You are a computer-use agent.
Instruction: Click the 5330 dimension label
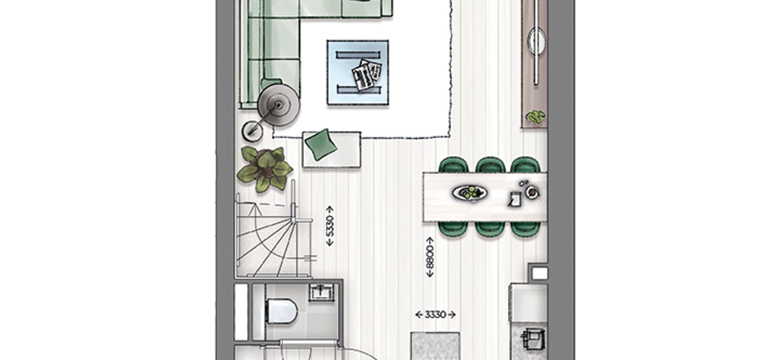pos(330,226)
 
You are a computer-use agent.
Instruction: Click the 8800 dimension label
pos(430,257)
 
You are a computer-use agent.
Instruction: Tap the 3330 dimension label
pos(435,315)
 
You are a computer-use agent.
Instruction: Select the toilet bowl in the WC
pos(282,311)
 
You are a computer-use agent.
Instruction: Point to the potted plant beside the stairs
pos(264,169)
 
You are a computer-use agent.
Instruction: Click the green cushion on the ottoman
pos(321,144)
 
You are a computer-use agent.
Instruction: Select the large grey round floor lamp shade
pos(278,106)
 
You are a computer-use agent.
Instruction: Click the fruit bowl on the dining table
pos(470,193)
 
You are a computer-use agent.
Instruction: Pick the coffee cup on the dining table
pos(532,192)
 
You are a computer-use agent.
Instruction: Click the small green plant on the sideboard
pos(536,117)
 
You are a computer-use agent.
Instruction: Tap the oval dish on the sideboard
pos(536,40)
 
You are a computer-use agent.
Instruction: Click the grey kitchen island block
pos(435,346)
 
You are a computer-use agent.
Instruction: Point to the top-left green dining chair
pos(453,165)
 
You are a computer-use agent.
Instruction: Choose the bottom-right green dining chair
pos(525,229)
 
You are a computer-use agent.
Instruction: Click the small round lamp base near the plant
pos(252,131)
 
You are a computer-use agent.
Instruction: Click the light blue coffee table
pos(358,73)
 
